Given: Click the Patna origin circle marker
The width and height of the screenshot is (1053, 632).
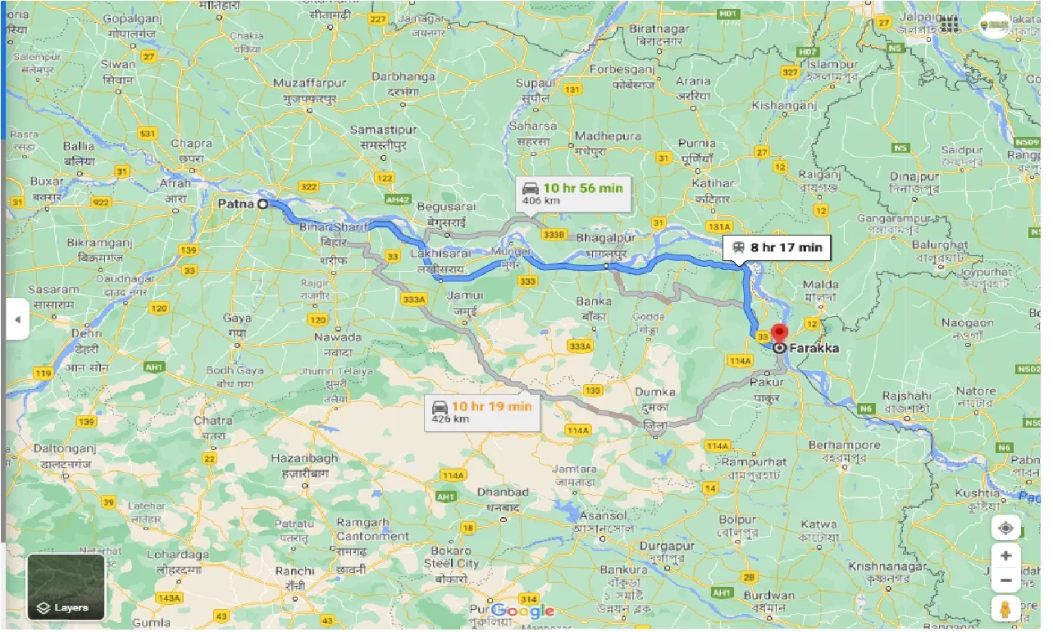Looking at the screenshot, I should pos(262,204).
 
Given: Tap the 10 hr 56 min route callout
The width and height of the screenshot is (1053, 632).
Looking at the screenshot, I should pos(574,194).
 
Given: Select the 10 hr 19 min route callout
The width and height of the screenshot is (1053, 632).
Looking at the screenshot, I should pos(482,412).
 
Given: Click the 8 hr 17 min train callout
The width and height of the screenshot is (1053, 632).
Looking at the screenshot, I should pos(777,247).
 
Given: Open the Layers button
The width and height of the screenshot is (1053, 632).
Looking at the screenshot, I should pos(66,587).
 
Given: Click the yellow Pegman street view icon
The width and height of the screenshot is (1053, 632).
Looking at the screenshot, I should pos(1005,609).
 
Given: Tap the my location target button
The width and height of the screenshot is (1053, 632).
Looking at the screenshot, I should pos(1005,528).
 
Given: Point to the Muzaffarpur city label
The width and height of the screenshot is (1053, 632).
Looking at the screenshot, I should pos(310,84).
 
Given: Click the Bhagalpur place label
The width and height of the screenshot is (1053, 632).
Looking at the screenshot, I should pos(606,237).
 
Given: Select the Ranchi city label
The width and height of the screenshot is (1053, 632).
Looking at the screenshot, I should pos(294,571).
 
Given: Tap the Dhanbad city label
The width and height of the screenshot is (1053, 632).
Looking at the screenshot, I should pos(504,492).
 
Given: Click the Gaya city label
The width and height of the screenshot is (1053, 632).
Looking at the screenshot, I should pos(237,318).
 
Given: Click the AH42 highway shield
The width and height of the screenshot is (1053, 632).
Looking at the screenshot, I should pos(399,199).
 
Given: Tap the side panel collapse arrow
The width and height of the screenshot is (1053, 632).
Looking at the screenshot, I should pos(16,320).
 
